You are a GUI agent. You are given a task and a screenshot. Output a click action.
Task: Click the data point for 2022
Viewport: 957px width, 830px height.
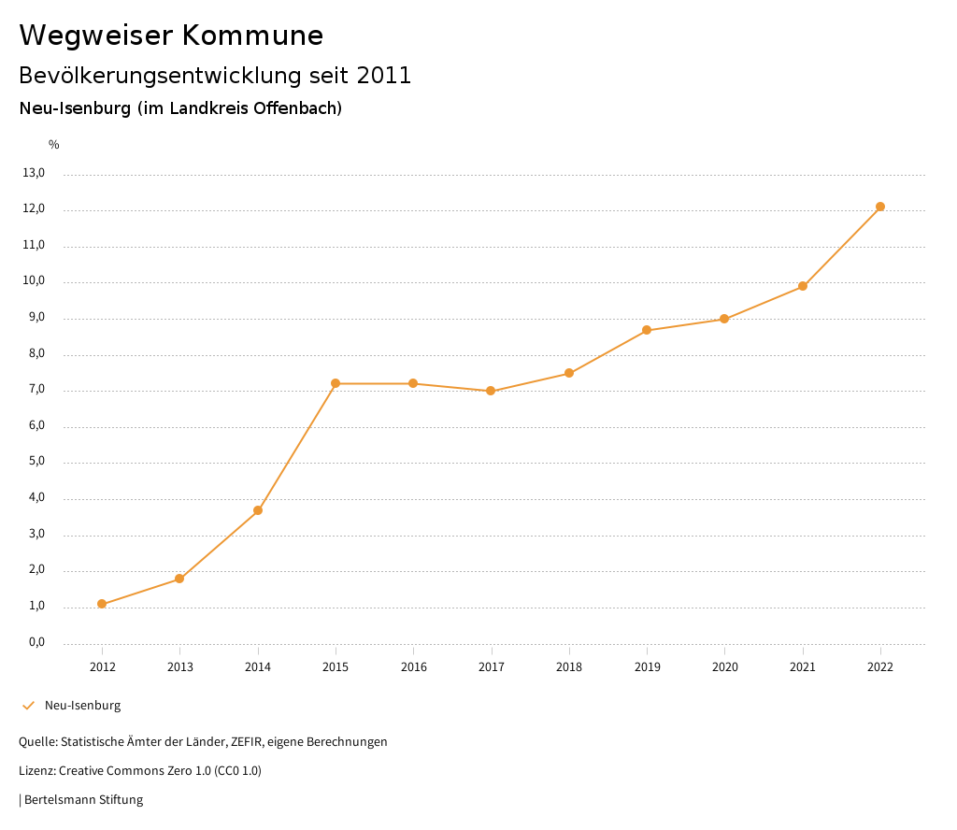[x=880, y=207]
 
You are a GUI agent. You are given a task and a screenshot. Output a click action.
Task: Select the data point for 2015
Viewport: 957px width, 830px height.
[x=336, y=383]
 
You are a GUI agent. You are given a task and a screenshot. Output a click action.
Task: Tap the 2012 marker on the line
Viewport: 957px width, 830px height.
[x=102, y=604]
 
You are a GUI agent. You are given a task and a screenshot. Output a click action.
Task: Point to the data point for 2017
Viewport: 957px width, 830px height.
[x=491, y=391]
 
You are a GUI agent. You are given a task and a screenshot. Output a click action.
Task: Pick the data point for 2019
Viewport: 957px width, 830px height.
[x=647, y=330]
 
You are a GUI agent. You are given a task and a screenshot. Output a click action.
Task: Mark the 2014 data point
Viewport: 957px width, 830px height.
[x=258, y=510]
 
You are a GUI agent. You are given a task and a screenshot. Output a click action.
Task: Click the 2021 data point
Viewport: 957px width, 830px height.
[x=803, y=286]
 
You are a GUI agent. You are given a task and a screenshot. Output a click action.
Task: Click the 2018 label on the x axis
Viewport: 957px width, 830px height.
[x=569, y=666]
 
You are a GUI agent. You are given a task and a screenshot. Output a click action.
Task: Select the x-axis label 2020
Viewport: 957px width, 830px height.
[x=724, y=666]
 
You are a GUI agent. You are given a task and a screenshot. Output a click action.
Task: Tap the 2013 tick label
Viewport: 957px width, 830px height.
[x=180, y=666]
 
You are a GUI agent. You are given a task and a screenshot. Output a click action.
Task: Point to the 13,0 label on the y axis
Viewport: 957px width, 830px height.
[x=34, y=173]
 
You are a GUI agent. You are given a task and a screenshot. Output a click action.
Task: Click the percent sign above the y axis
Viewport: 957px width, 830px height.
[x=54, y=145]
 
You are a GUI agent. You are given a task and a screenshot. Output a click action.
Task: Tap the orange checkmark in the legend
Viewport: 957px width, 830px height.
[x=28, y=706]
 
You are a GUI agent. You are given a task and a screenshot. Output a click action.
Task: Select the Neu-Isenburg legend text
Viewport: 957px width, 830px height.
[x=82, y=706]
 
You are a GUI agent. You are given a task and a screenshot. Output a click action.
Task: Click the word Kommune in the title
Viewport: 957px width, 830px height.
[x=252, y=36]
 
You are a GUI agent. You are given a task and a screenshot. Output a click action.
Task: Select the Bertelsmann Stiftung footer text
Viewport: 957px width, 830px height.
[x=83, y=800]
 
